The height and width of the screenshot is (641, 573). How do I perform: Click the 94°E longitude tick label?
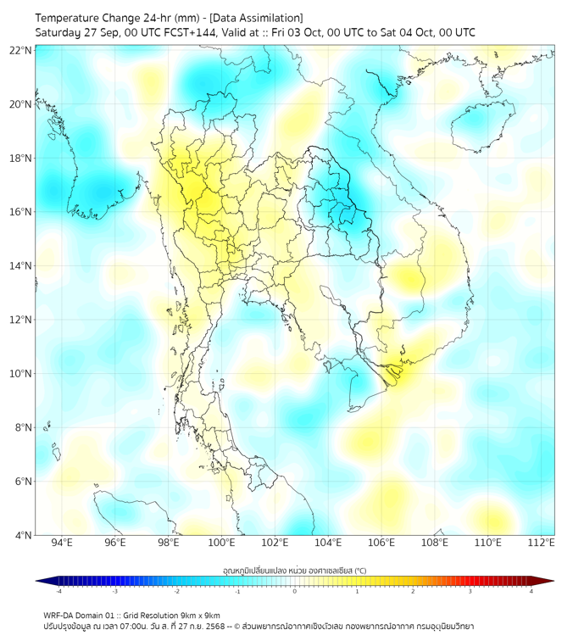pyautogui.click(x=62, y=543)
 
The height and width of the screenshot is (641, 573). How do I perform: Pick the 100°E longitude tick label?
pyautogui.click(x=221, y=543)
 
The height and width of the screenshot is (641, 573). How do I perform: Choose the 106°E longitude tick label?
pyautogui.click(x=381, y=543)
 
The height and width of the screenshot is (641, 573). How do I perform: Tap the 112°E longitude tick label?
pyautogui.click(x=542, y=543)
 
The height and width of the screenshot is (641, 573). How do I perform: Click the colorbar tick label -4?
pyautogui.click(x=58, y=591)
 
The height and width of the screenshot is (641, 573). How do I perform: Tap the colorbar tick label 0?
pyautogui.click(x=295, y=591)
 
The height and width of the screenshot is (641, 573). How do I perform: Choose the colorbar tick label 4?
pyautogui.click(x=531, y=591)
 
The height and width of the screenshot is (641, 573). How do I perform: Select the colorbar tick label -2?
pyautogui.click(x=176, y=591)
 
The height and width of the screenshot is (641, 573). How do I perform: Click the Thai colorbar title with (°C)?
pyautogui.click(x=294, y=571)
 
